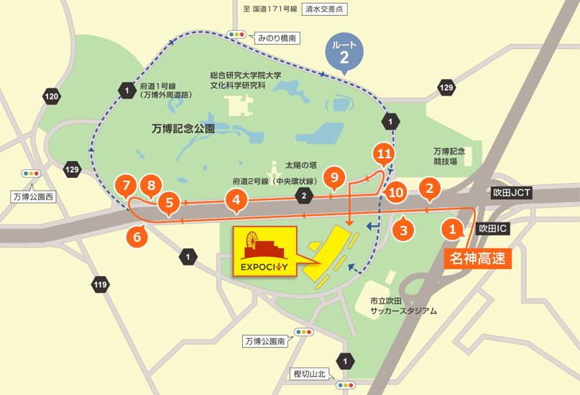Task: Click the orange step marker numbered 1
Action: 452,230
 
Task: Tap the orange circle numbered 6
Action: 137,235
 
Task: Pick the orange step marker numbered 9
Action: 332,176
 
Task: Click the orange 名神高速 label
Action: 477,258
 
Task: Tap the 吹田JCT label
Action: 511,194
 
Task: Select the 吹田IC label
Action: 493,228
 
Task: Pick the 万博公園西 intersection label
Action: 33,196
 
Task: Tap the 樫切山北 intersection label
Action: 310,373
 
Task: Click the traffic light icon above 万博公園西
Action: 31,173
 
